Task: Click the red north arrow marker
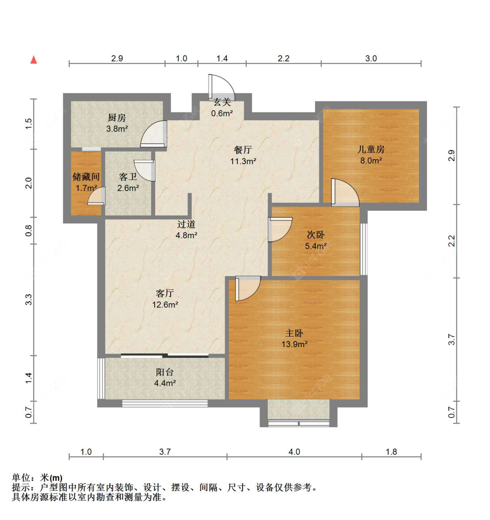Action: pyautogui.click(x=34, y=60)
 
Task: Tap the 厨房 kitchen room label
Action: pyautogui.click(x=117, y=118)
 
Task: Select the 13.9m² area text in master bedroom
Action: pyautogui.click(x=294, y=344)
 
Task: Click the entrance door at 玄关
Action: pyautogui.click(x=221, y=87)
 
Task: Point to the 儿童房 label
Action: pyautogui.click(x=371, y=149)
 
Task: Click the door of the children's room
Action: pyautogui.click(x=344, y=193)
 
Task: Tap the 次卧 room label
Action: pyautogui.click(x=316, y=235)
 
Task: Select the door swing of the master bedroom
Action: pyautogui.click(x=247, y=288)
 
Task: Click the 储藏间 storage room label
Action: pyautogui.click(x=86, y=177)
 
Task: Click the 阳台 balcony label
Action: pyautogui.click(x=165, y=372)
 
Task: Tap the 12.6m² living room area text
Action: pyautogui.click(x=165, y=305)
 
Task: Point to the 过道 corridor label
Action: pyautogui.click(x=186, y=224)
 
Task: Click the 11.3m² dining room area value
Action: pyautogui.click(x=243, y=161)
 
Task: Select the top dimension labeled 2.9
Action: pyautogui.click(x=117, y=58)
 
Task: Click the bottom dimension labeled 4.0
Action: pyautogui.click(x=294, y=452)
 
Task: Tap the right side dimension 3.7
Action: pyautogui.click(x=452, y=339)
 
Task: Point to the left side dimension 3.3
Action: pyautogui.click(x=29, y=300)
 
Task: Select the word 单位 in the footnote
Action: pyautogui.click(x=21, y=477)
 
